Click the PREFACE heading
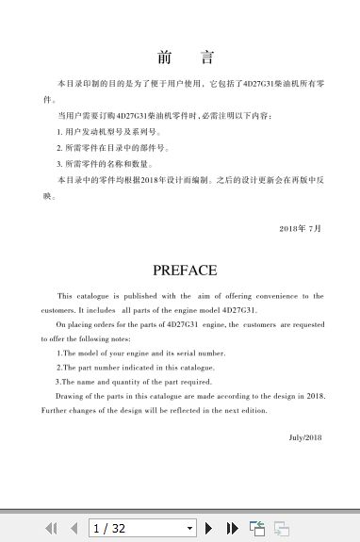[185, 270]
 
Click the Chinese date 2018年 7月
[301, 228]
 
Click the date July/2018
[305, 437]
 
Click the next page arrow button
[209, 529]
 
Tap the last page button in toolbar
[232, 529]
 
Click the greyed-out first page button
[51, 529]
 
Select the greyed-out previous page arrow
[74, 529]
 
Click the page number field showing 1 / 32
[136, 529]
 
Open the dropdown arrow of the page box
[189, 529]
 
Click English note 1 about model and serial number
[141, 353]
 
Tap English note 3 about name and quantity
[135, 382]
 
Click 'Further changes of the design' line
[155, 410]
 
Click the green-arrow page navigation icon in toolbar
[256, 529]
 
